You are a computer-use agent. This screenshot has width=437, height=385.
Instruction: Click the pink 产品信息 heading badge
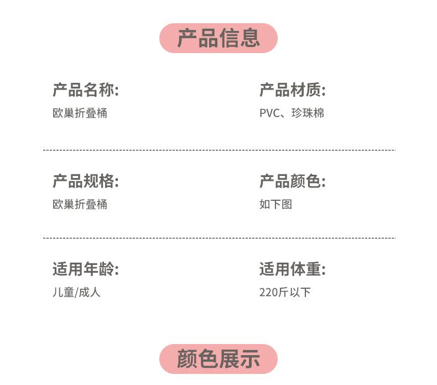click(x=218, y=38)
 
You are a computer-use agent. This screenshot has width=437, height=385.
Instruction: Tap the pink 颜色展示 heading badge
click(x=218, y=358)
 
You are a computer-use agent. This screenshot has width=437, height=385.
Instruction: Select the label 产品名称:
click(x=86, y=90)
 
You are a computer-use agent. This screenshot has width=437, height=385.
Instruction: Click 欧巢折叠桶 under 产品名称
click(x=80, y=113)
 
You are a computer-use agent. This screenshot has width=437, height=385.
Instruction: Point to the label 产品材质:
click(x=293, y=90)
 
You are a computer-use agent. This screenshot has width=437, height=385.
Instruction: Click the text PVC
click(x=269, y=113)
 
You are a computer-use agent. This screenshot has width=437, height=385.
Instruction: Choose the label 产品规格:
click(x=86, y=181)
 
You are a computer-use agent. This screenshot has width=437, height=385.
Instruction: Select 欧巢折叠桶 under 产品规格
click(x=80, y=205)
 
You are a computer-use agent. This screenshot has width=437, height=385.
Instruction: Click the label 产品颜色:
click(x=293, y=181)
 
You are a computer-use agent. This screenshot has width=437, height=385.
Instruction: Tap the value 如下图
click(x=275, y=205)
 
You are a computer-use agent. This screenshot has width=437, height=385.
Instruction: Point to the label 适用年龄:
click(x=86, y=269)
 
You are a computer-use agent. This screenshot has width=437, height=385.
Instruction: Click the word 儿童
click(x=63, y=293)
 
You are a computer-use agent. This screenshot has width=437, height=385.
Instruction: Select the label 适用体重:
click(x=293, y=269)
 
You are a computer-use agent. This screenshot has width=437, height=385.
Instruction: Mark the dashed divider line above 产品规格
click(x=219, y=150)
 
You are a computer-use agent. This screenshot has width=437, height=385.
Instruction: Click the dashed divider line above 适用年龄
click(x=219, y=238)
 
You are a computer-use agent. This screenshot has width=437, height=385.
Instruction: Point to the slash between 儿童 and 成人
click(x=76, y=293)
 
